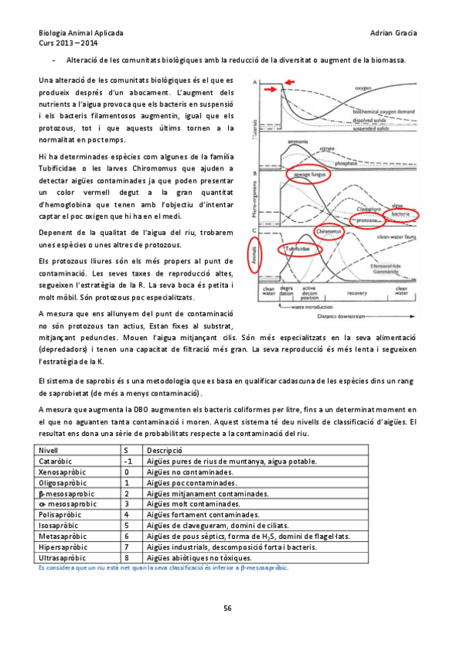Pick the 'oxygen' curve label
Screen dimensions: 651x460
(x=363, y=89)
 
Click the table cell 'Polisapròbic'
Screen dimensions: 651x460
(x=66, y=514)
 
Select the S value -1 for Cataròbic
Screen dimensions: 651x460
(x=129, y=460)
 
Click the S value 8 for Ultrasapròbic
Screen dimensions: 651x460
(x=127, y=557)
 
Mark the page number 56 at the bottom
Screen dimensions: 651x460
(x=227, y=609)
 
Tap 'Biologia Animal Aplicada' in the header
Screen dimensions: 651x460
(x=81, y=35)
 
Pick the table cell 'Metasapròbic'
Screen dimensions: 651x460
(x=67, y=535)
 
